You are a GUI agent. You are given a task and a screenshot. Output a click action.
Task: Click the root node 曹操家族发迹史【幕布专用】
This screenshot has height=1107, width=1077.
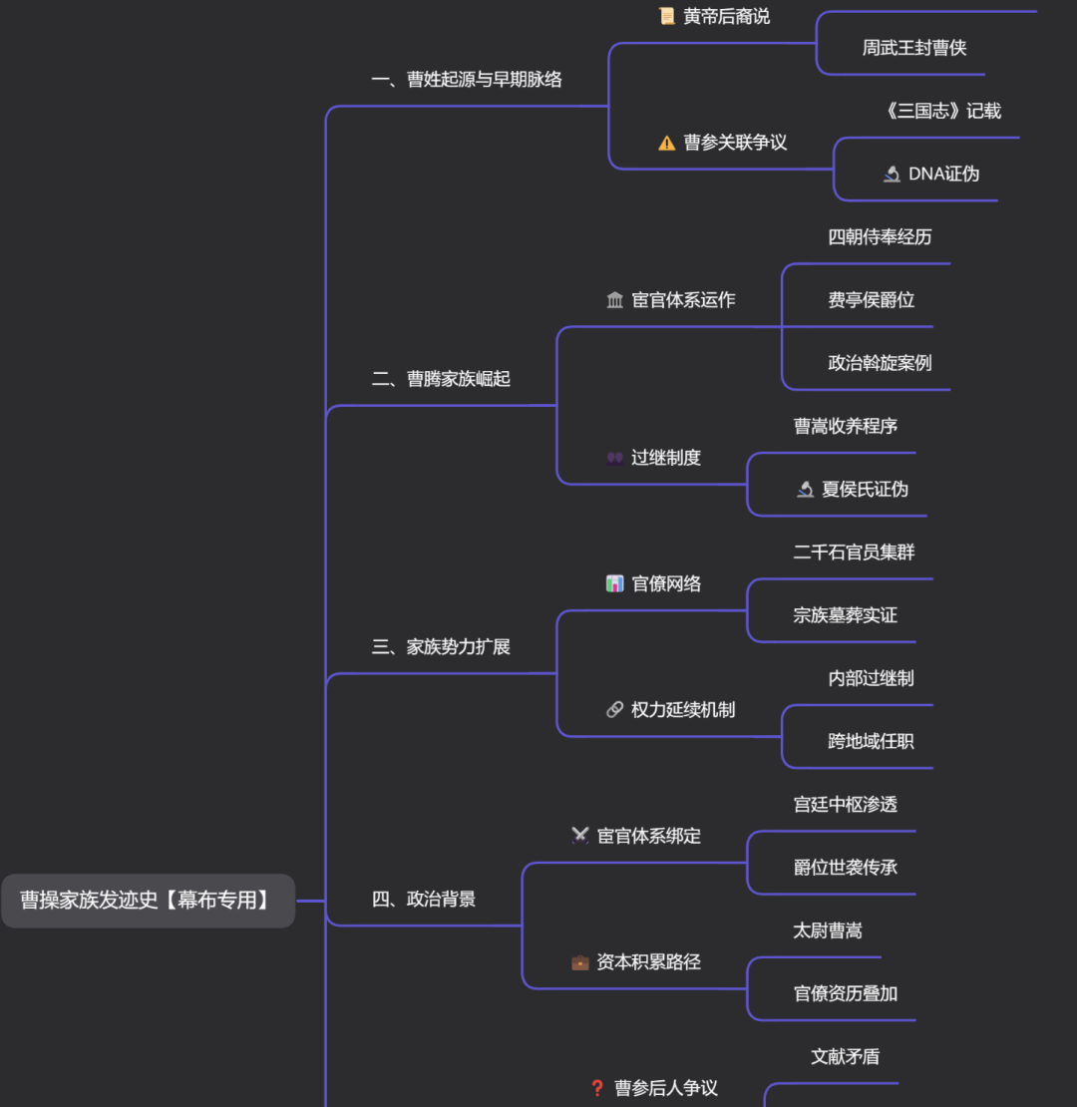[x=147, y=900]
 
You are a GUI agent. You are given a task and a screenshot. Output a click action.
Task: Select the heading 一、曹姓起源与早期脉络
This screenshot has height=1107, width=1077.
[x=467, y=79]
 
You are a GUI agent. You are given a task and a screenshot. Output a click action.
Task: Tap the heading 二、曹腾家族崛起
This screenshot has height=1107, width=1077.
[x=441, y=379]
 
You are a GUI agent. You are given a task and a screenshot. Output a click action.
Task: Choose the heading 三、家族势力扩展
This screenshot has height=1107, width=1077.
[x=441, y=647]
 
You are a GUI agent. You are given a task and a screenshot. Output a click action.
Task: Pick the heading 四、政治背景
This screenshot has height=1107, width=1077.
[x=424, y=900]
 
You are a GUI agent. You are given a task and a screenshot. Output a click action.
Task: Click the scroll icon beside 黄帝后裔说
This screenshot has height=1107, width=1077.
[x=667, y=16]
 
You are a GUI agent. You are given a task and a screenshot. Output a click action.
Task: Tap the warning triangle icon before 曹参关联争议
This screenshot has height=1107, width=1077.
[x=667, y=144]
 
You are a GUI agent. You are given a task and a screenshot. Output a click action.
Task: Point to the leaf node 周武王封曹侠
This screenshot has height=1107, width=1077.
[x=914, y=48]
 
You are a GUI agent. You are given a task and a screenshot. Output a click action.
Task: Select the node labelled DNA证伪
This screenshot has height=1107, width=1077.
[x=943, y=175]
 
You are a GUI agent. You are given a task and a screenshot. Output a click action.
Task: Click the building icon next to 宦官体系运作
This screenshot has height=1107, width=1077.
[x=615, y=300]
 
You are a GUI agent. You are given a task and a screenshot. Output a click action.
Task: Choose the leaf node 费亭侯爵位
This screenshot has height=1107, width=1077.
[x=871, y=300]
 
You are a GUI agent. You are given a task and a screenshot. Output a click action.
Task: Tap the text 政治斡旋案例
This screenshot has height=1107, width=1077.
[x=880, y=363]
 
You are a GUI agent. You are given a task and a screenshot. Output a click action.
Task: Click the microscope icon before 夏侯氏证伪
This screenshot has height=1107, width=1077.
[x=806, y=490]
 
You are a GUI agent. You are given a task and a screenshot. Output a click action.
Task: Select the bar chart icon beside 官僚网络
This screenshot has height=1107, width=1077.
[x=615, y=583]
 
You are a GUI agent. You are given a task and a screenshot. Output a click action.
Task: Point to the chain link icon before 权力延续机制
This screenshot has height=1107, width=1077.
[x=615, y=710]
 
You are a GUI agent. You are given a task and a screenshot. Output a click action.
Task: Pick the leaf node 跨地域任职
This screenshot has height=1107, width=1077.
[x=871, y=741]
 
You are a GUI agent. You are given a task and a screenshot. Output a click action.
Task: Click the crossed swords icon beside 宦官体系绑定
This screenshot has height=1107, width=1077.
[x=580, y=836]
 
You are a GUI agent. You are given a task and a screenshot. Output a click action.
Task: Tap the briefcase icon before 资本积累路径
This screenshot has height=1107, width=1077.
[x=580, y=962]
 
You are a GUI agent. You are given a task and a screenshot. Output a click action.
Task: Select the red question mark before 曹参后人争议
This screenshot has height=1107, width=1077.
[x=597, y=1088]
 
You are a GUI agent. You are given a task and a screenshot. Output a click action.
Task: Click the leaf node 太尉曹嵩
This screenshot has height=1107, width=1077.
[x=828, y=930]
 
